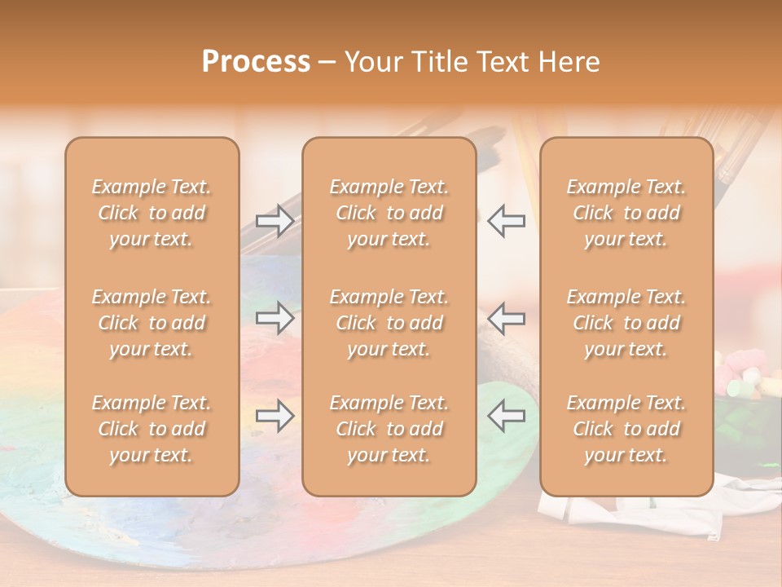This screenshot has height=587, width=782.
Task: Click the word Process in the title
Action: tap(256, 62)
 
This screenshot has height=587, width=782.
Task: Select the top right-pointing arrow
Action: tap(275, 221)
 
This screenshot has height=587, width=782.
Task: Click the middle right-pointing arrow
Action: tap(275, 318)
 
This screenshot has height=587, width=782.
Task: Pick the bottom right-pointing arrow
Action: tap(275, 417)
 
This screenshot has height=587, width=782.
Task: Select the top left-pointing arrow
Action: tap(506, 221)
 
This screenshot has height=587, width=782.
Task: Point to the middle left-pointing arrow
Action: tap(506, 318)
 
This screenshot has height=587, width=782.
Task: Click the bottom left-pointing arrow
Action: tap(506, 417)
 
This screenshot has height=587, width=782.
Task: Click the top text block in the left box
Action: tap(152, 213)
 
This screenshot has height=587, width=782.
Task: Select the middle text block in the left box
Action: tap(152, 323)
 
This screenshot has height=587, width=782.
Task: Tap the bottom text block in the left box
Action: tap(152, 429)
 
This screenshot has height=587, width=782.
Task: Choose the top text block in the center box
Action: tap(389, 213)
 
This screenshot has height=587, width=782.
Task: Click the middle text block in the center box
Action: tap(389, 323)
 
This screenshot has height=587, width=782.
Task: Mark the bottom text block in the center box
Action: tap(389, 429)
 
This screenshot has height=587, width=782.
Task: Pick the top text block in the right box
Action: tap(626, 213)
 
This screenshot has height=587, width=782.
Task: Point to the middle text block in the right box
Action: tap(626, 323)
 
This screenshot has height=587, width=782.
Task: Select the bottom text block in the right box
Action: tap(626, 429)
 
